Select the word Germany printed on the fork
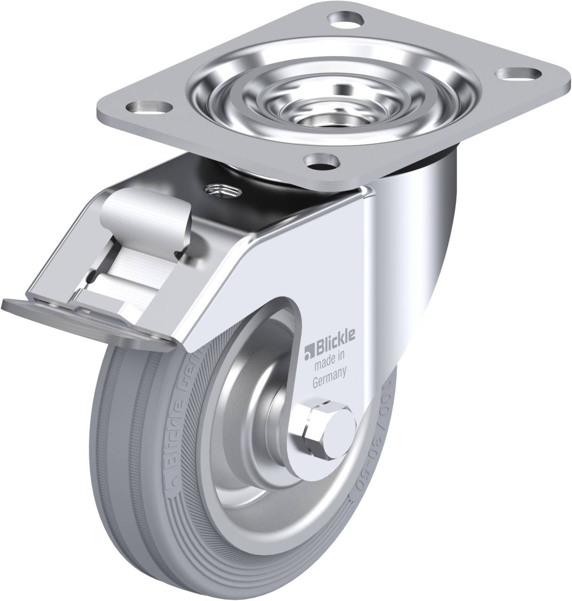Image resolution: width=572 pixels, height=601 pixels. pyautogui.click(x=330, y=373)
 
